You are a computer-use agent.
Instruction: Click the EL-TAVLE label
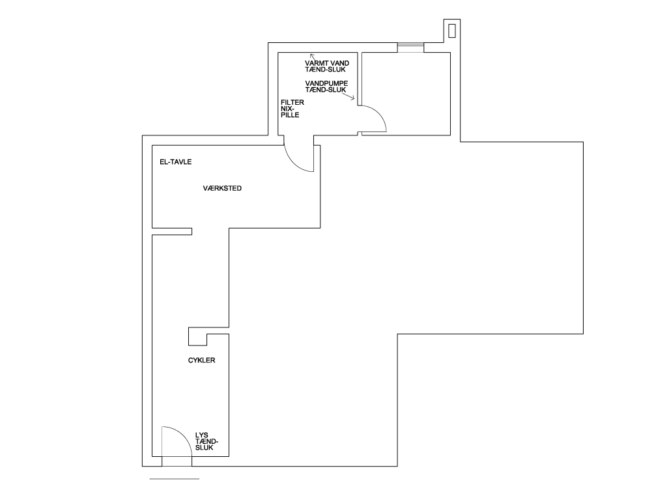[x=176, y=162]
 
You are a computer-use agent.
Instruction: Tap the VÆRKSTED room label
[x=222, y=188]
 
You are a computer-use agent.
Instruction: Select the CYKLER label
[x=202, y=361]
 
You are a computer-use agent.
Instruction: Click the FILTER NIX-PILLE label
[x=292, y=109]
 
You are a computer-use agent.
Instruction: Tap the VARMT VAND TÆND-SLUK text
[x=327, y=66]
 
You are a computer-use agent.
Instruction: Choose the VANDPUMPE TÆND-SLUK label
[x=326, y=87]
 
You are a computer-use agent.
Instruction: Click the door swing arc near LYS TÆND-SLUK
[x=183, y=435]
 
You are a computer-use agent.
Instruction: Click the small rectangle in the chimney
[x=452, y=31]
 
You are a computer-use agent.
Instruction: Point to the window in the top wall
[x=410, y=48]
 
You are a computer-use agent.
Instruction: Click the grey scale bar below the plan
[x=175, y=479]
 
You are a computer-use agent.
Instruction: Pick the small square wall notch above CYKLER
[x=198, y=336]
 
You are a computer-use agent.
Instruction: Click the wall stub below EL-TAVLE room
[x=172, y=232]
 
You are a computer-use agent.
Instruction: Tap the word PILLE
[x=290, y=115]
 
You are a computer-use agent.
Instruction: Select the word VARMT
[x=315, y=63]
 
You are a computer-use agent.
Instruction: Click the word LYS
[x=202, y=435]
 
